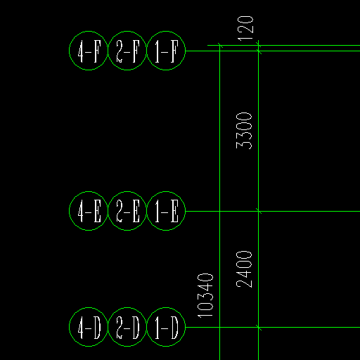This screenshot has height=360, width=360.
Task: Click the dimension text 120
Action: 245,28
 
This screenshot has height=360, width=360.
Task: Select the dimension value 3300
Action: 244,131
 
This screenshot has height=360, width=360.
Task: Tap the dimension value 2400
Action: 244,269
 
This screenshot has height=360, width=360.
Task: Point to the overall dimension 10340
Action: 205,295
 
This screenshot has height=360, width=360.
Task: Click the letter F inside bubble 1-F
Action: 174,51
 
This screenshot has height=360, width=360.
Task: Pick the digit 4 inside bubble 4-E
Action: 81,211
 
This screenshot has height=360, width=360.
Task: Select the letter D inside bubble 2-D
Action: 136,328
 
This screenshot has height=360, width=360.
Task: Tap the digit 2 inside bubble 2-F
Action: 120,51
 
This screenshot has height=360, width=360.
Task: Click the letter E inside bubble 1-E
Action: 174,211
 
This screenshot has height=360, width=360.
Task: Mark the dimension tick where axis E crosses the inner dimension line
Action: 258,211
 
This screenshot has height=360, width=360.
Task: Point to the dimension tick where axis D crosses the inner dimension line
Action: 258,327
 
